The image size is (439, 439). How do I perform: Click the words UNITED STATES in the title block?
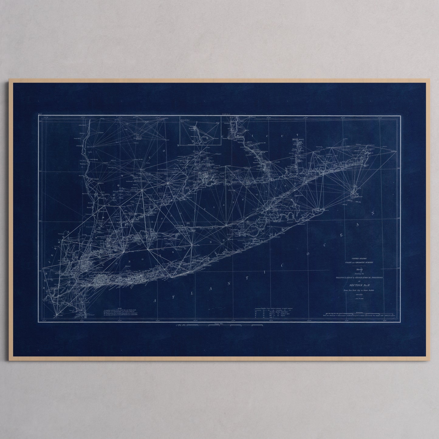pos(359,257)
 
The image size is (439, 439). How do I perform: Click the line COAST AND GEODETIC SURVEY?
pos(359,262)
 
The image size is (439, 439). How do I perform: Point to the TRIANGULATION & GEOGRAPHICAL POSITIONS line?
pos(359,278)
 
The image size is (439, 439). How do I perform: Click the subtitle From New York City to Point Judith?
pos(359,291)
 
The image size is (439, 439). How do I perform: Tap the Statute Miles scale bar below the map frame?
pos(219,325)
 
